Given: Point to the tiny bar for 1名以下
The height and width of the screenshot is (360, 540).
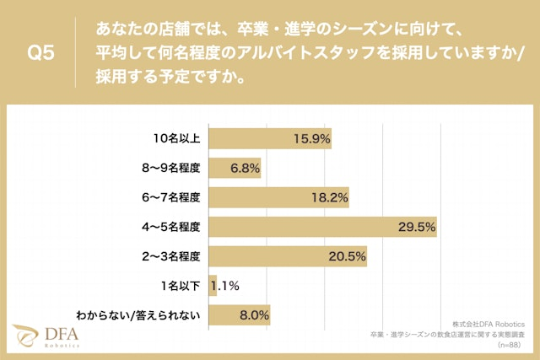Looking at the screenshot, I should tap(212, 286).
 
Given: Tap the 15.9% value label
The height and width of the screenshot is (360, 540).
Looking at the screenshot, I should tap(311, 138).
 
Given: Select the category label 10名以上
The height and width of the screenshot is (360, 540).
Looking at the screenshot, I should tap(176, 138).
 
